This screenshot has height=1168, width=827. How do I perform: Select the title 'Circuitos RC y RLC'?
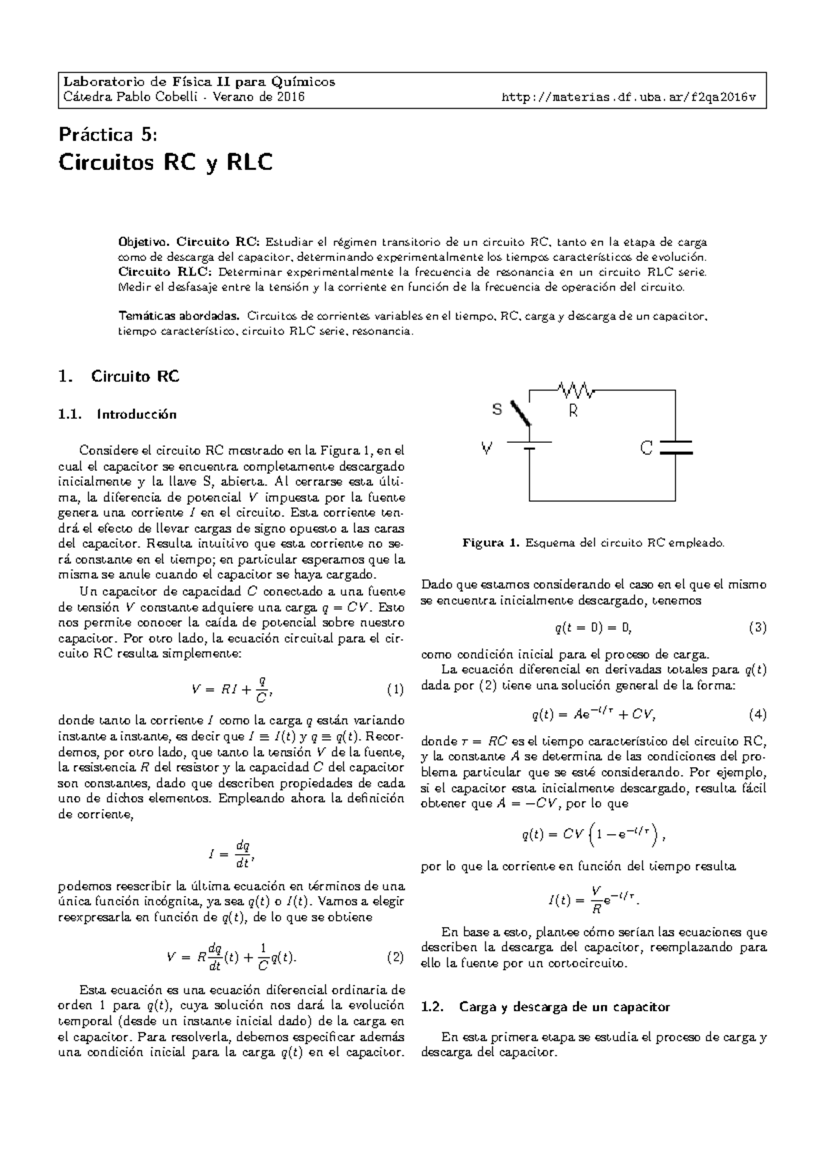click(165, 163)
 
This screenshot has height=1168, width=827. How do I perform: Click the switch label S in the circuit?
click(497, 410)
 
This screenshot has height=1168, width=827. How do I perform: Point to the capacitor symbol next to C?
click(675, 448)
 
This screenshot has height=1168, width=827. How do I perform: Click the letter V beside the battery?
click(487, 449)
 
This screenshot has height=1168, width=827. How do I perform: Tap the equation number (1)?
click(395, 689)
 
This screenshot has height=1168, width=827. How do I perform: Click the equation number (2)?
click(395, 957)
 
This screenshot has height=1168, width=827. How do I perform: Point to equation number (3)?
click(757, 627)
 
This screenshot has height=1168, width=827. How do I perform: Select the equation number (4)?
click(757, 714)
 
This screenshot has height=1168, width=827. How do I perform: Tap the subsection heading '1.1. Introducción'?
click(118, 415)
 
